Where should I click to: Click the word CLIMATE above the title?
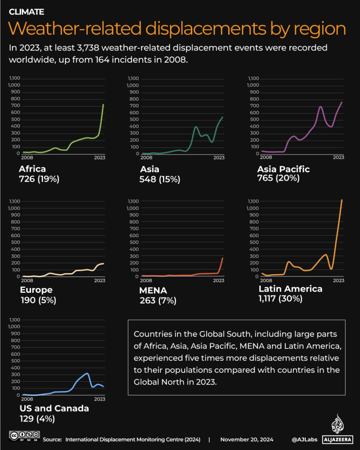27,12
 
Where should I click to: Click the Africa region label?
32,169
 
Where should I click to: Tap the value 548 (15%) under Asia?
160,179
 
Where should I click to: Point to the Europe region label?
36,290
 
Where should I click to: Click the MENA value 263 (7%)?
158,301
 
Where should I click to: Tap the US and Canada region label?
54,408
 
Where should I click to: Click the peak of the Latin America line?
342,200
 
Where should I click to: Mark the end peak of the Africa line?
103,104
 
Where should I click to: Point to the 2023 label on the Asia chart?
219,158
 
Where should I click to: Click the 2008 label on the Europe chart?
27,281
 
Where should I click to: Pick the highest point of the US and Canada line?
87,373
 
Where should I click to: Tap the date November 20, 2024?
247,440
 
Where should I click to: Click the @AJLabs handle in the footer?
304,440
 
